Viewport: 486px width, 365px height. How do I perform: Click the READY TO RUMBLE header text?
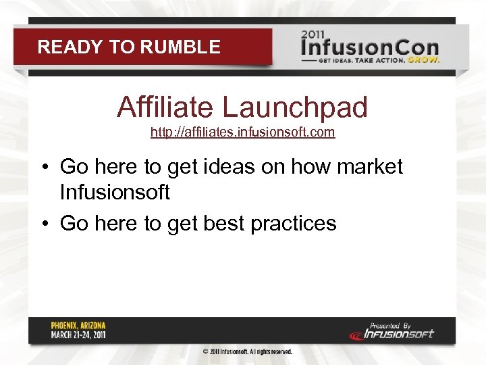click(x=128, y=47)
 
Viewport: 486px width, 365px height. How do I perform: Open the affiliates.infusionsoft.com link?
click(x=242, y=132)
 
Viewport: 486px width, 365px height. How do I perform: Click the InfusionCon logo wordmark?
click(x=369, y=48)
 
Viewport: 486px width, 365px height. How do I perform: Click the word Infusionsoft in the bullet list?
click(x=115, y=193)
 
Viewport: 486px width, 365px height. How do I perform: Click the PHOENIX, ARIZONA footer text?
click(x=78, y=325)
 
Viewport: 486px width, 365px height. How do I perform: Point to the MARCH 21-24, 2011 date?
click(x=78, y=335)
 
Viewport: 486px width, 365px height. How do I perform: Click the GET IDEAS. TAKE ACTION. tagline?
click(x=363, y=59)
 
